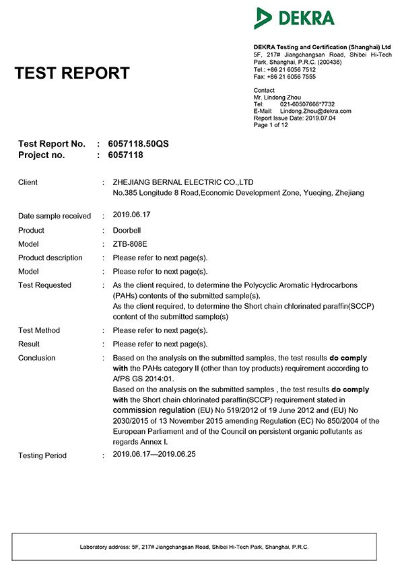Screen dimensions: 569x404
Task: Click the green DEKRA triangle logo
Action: point(263,18)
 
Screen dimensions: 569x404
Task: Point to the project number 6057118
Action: point(125,155)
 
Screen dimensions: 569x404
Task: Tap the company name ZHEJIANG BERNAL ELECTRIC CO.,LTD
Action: point(182,182)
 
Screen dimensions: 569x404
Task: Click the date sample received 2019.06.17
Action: point(131,215)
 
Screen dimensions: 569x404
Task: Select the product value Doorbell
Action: point(127,230)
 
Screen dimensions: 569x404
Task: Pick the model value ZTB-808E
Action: point(129,244)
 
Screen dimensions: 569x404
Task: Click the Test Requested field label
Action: point(44,285)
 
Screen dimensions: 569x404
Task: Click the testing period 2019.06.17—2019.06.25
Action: point(154,455)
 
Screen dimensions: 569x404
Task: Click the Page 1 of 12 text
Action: point(271,124)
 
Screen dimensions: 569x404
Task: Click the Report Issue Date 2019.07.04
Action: point(294,118)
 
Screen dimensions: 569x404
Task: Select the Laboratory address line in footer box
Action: point(195,547)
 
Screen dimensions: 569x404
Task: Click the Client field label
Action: point(28,182)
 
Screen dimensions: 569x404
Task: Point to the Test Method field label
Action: point(38,330)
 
